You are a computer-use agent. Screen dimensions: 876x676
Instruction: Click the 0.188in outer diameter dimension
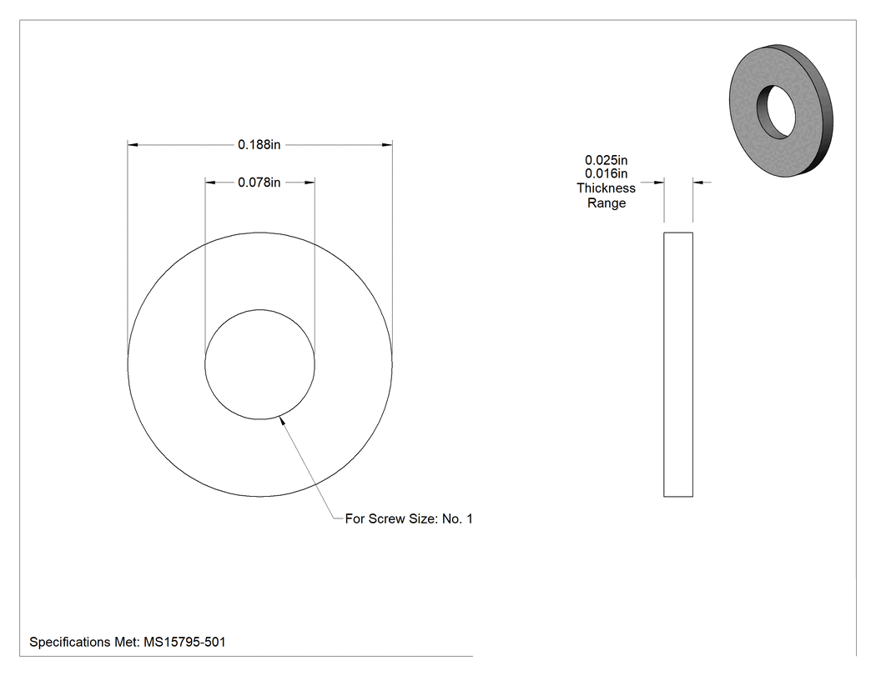tap(259, 144)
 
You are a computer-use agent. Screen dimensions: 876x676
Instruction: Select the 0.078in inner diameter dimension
tap(259, 183)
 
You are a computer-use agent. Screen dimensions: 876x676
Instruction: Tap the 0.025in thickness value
tap(607, 160)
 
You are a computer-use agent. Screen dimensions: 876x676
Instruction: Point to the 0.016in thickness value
tap(607, 173)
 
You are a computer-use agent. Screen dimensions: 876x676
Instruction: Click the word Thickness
tap(607, 188)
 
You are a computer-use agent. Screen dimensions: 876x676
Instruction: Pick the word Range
tap(607, 203)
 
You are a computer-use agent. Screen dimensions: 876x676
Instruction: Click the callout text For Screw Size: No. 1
tap(409, 518)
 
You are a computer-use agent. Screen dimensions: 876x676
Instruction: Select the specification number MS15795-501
tap(184, 642)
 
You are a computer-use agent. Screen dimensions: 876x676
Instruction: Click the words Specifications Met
tap(83, 642)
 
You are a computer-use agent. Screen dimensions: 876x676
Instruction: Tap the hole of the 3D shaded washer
tap(777, 111)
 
